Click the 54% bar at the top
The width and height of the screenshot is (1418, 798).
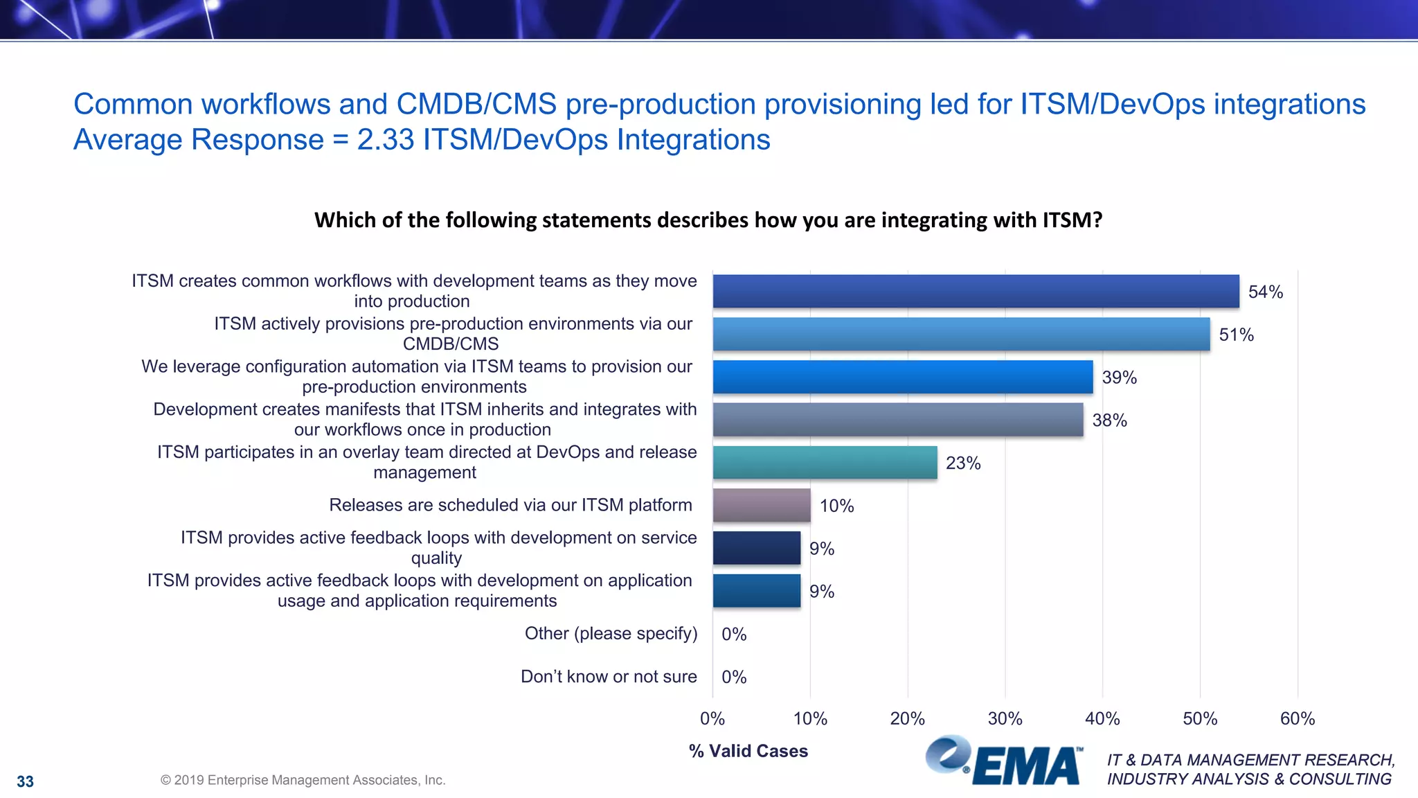click(x=976, y=291)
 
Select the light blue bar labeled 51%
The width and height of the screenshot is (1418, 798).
click(x=961, y=334)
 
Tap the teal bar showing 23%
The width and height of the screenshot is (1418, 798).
click(x=825, y=462)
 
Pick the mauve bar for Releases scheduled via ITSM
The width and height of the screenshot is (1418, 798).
click(x=762, y=505)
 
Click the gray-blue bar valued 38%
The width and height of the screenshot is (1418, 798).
click(x=898, y=420)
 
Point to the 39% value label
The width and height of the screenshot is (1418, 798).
click(x=1119, y=378)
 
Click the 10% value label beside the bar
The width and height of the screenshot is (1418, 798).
click(x=836, y=506)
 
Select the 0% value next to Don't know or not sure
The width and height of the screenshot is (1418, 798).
click(x=734, y=677)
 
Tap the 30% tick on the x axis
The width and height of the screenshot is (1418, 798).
click(x=1005, y=718)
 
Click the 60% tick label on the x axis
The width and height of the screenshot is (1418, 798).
click(x=1297, y=718)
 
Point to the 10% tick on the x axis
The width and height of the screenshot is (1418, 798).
click(x=810, y=718)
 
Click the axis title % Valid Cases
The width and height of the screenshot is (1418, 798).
click(x=748, y=751)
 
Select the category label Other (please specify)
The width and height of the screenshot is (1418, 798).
click(x=611, y=633)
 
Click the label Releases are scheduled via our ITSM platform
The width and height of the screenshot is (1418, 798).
click(x=510, y=505)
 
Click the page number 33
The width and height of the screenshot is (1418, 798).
click(x=25, y=781)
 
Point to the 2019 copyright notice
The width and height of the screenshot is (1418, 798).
click(x=303, y=780)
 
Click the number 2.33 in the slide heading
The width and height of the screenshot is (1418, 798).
click(x=385, y=139)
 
